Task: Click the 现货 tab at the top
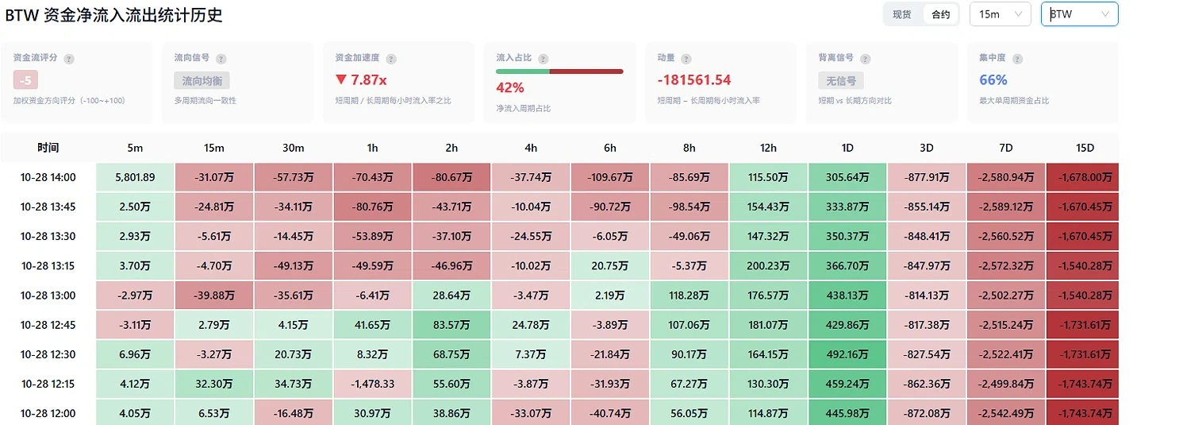(x=902, y=14)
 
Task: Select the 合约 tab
(x=940, y=14)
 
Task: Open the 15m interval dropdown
(x=1001, y=14)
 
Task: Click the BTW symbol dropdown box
(x=1080, y=14)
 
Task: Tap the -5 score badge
(x=25, y=80)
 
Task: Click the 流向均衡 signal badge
(x=202, y=81)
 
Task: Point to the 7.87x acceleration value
(x=361, y=79)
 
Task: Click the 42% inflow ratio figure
(x=510, y=87)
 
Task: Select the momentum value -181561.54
(x=694, y=79)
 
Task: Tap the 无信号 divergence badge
(x=841, y=81)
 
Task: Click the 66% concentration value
(x=993, y=79)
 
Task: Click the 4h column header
(x=531, y=148)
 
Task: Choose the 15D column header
(x=1085, y=148)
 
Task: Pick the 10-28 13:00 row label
(x=48, y=296)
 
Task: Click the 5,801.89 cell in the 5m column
(x=135, y=178)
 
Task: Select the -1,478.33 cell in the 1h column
(x=372, y=384)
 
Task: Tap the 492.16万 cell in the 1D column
(x=847, y=354)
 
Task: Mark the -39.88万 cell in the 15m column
(x=214, y=296)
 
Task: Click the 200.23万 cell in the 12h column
(x=768, y=266)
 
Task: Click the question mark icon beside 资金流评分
(x=69, y=59)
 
